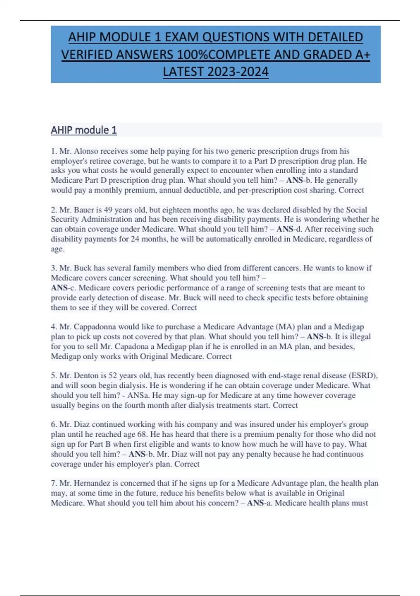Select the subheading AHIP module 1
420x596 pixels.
(84, 130)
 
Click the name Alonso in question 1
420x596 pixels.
(86, 151)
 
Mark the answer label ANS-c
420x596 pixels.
(63, 288)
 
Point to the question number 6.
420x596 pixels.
(54, 425)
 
